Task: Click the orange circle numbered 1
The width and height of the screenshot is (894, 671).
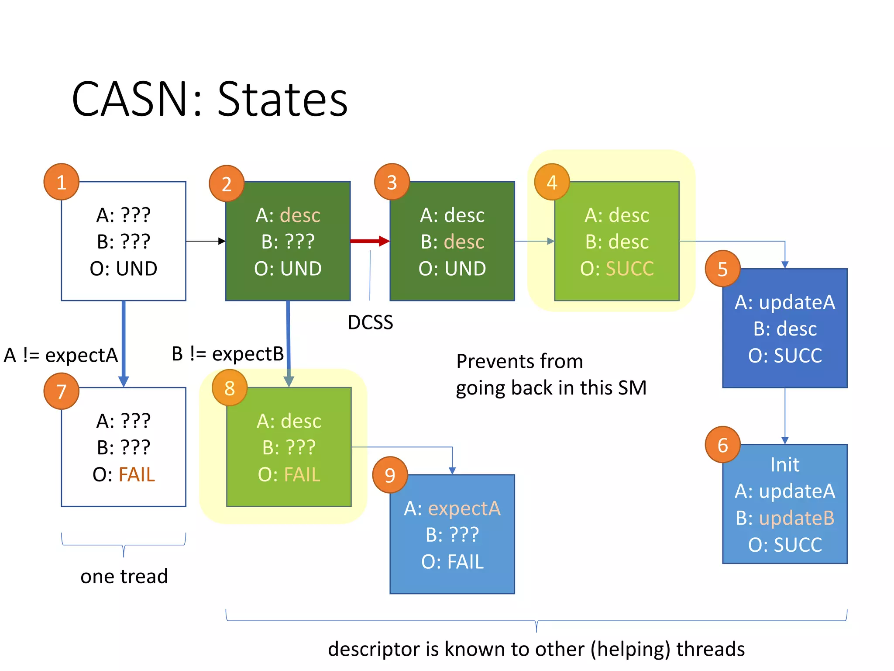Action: (62, 182)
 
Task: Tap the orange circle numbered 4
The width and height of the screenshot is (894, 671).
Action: (552, 182)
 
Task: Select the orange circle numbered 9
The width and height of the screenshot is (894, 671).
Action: (390, 475)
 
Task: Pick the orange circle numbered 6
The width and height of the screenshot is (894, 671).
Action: (722, 445)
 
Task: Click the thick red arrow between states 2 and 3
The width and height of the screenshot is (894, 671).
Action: (369, 241)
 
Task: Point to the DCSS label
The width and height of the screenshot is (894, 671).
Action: (370, 322)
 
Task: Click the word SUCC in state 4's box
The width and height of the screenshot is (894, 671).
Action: (629, 268)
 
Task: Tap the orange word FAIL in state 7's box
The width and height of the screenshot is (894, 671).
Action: (137, 474)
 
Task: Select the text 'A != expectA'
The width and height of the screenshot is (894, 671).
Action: (61, 355)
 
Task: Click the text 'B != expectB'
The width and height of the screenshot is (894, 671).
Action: (227, 353)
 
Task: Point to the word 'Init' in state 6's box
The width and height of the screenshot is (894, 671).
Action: (784, 464)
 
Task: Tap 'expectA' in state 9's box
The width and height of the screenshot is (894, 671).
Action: (464, 508)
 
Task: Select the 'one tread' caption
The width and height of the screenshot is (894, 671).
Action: (124, 576)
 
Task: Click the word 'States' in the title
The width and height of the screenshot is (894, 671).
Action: (282, 100)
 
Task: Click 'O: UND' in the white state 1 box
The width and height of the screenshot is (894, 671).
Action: (124, 268)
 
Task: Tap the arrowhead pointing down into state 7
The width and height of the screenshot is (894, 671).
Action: (124, 381)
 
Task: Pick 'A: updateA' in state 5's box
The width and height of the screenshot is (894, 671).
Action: (784, 302)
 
